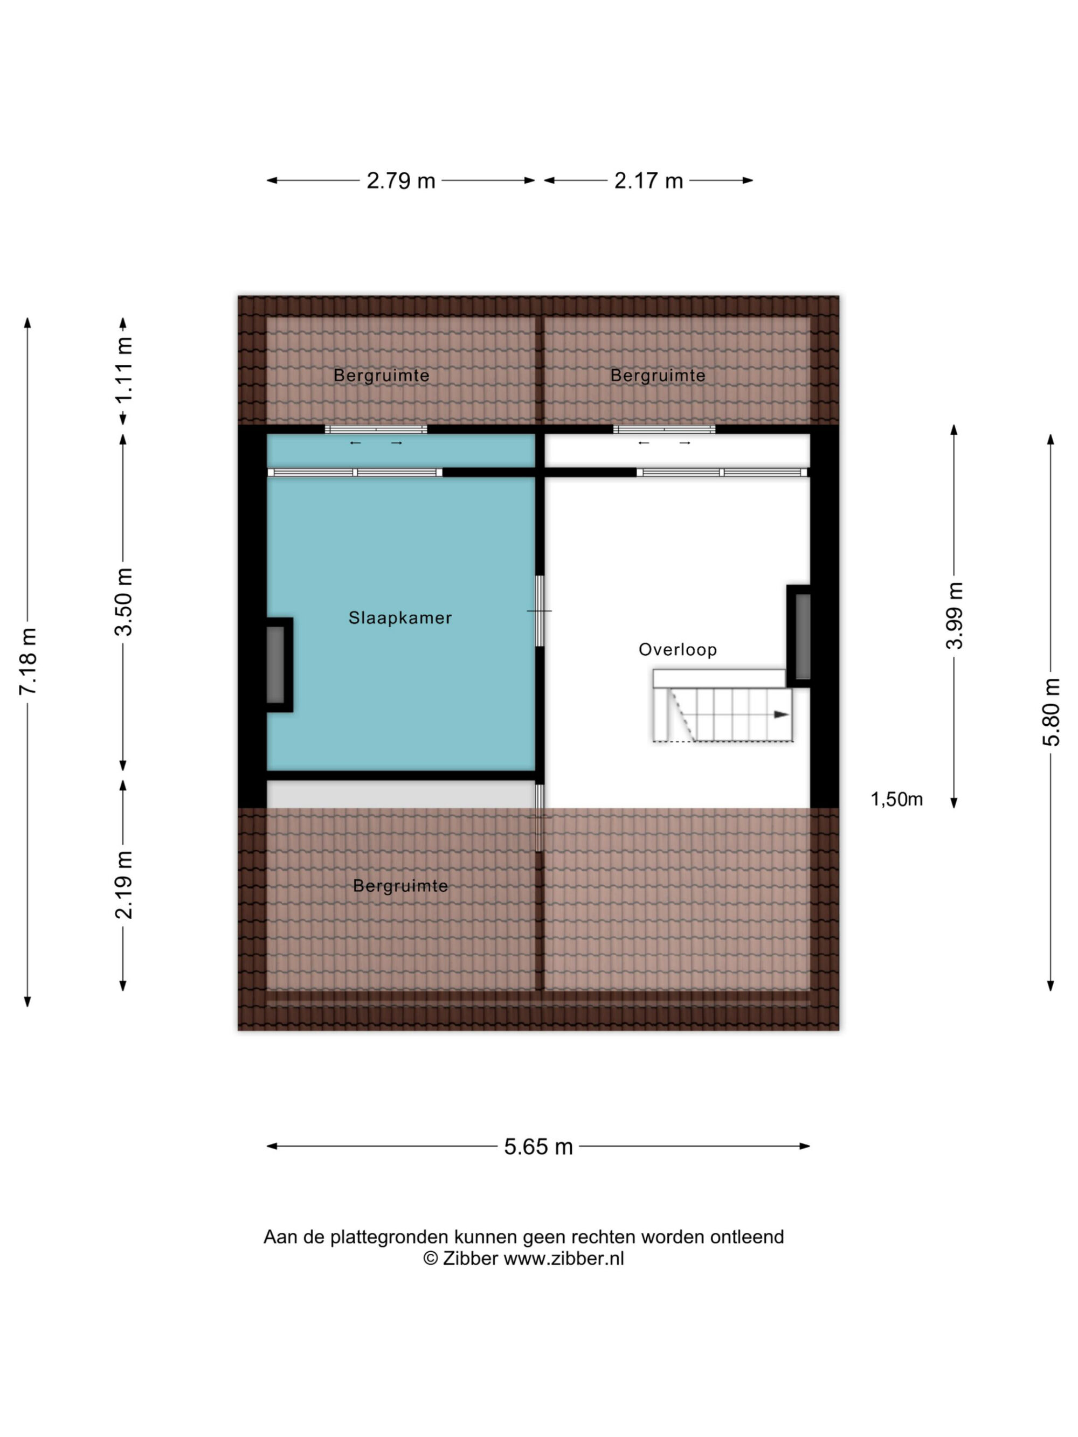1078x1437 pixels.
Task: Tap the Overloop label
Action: (x=678, y=650)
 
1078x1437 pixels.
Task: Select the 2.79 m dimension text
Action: (x=400, y=181)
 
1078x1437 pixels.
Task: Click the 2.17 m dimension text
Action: (x=648, y=181)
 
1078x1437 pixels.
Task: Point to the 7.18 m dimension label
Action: (x=29, y=661)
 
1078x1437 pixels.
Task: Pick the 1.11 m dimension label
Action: (x=123, y=369)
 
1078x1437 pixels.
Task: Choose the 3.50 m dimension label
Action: (x=123, y=601)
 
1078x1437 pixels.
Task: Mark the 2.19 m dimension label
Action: (x=123, y=885)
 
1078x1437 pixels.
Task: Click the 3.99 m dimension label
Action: (x=954, y=616)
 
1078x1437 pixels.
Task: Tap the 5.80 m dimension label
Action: (x=1051, y=712)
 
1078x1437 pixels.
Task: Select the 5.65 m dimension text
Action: (x=538, y=1147)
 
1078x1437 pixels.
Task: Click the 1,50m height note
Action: (x=897, y=799)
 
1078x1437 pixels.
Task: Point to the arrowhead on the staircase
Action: (x=782, y=714)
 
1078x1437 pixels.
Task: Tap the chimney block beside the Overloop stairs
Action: (x=799, y=636)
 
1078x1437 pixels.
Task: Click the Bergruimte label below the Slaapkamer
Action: (x=400, y=886)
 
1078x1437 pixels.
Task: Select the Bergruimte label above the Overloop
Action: (x=658, y=376)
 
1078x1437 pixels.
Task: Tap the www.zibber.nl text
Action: (x=563, y=1258)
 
